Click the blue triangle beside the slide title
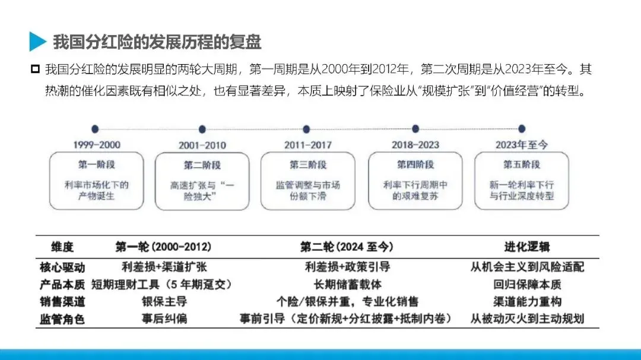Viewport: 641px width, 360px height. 37,42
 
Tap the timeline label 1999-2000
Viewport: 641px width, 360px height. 96,145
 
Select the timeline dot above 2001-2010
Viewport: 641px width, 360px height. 202,129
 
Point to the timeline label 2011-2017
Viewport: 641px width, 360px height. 307,145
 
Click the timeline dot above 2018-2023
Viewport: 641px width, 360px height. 415,129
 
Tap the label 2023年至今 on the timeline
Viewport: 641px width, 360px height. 522,145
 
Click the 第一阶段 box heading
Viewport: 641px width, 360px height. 96,164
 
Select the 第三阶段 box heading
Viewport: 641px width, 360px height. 307,164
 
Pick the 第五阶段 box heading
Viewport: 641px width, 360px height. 522,164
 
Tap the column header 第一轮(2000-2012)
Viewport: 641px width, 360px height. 163,247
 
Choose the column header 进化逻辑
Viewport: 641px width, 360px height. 526,247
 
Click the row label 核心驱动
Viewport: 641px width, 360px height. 62,267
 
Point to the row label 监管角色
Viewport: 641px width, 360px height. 62,319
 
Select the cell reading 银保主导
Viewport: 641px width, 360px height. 164,301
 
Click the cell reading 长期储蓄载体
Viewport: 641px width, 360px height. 347,284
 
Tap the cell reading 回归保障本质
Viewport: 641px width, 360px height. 527,284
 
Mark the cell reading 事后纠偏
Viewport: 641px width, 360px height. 164,319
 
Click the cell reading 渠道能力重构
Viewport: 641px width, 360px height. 527,301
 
